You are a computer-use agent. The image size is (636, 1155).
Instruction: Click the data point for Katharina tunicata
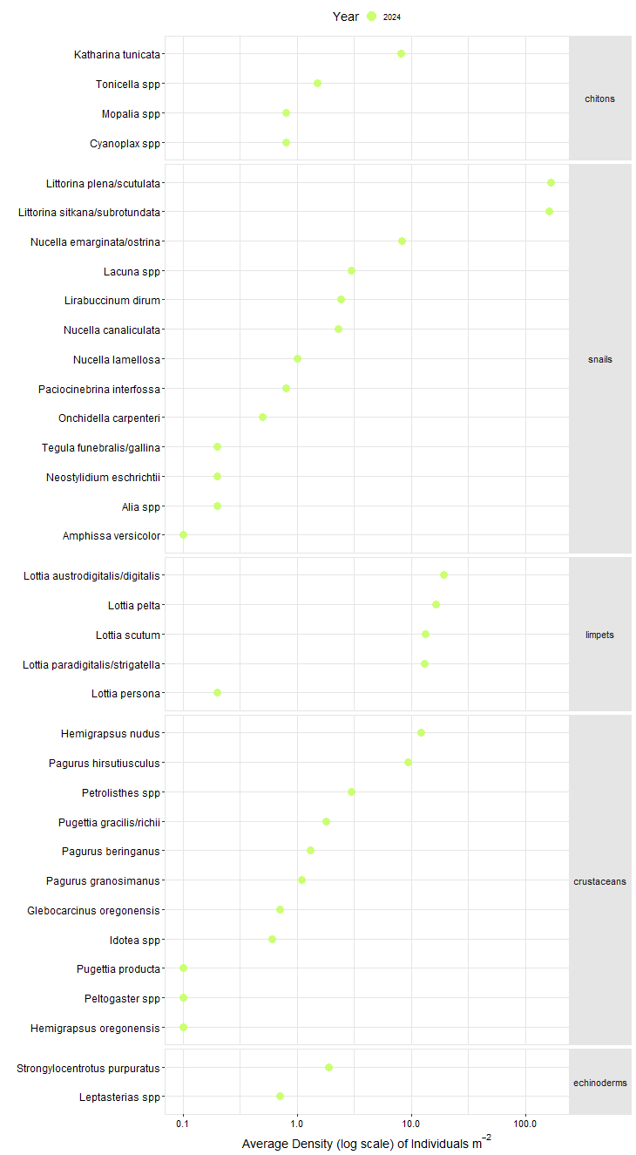click(401, 54)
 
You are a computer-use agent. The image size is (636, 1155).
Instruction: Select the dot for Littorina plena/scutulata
click(551, 182)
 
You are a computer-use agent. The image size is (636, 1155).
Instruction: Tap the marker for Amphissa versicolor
click(183, 535)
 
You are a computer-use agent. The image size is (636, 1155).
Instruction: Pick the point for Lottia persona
click(217, 693)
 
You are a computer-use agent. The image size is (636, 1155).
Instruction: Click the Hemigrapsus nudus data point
click(421, 733)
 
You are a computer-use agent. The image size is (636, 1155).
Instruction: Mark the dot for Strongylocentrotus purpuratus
click(328, 1067)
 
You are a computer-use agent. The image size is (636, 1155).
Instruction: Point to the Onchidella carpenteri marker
click(262, 418)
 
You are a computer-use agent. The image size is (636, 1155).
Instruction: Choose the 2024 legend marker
click(372, 17)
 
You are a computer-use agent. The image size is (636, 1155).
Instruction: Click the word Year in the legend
click(345, 17)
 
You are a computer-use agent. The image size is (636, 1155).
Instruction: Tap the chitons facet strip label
click(599, 99)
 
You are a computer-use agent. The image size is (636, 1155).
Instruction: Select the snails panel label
click(599, 359)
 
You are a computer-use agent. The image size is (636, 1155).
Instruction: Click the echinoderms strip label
click(599, 1083)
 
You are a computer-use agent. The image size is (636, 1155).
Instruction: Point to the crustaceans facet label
click(599, 881)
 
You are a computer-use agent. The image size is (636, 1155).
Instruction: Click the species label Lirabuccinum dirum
click(112, 301)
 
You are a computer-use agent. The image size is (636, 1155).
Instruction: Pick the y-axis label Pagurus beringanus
click(111, 851)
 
